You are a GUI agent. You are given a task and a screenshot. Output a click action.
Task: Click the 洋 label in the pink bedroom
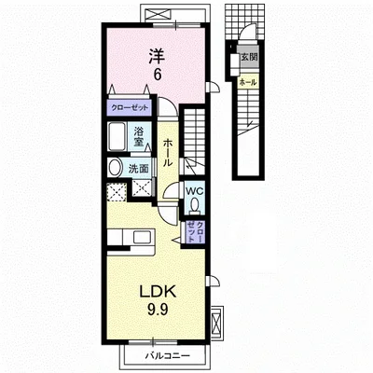[157, 55]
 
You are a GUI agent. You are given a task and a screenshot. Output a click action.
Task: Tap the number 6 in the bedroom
[158, 75]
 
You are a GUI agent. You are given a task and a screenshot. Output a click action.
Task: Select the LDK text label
[158, 291]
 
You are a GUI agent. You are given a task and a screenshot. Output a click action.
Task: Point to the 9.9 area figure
[158, 310]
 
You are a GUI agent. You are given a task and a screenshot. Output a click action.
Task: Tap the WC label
[194, 191]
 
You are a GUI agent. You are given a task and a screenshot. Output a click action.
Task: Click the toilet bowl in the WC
[195, 206]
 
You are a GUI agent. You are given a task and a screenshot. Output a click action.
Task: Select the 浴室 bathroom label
[139, 137]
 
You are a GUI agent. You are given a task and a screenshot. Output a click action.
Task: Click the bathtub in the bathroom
[117, 136]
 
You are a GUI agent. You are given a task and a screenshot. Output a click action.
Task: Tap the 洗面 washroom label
[139, 169]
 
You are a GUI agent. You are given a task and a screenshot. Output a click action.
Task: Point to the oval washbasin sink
[115, 167]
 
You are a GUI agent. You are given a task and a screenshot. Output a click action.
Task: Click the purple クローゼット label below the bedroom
[130, 108]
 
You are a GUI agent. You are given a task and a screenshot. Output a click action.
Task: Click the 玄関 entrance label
[250, 57]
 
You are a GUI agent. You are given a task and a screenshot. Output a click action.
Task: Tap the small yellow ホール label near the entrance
[248, 82]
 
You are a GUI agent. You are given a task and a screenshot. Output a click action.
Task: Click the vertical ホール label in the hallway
[167, 153]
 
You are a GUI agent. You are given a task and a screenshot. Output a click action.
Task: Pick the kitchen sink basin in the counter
[142, 238]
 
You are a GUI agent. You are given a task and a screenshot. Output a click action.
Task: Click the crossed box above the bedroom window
[158, 15]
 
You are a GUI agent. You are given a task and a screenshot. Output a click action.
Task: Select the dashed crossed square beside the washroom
[117, 192]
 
